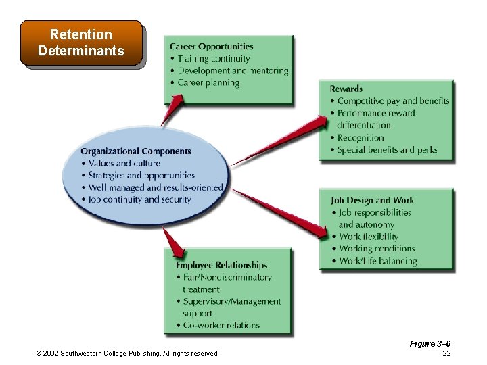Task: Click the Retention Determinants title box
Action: [81, 43]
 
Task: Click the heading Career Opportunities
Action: [211, 47]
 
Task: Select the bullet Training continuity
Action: [214, 59]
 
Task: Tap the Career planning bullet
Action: [208, 83]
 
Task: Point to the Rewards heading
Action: [346, 89]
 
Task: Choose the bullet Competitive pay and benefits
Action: [393, 101]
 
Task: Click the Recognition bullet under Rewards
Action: [361, 137]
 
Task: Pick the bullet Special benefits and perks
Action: [387, 149]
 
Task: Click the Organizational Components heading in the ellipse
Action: [135, 151]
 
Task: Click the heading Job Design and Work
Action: [372, 200]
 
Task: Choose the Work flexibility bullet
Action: [369, 237]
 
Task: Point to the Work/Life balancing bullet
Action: [378, 261]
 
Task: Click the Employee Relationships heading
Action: [221, 265]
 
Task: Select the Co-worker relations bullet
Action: [221, 325]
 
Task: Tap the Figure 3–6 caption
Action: [430, 344]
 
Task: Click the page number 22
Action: [446, 354]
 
